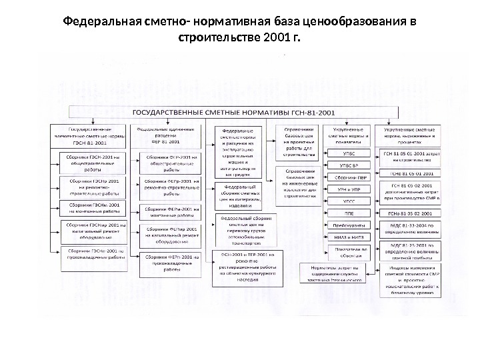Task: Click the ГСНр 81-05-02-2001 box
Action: [x=408, y=213]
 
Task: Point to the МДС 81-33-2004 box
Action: [x=408, y=229]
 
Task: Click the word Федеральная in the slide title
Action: [x=101, y=21]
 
